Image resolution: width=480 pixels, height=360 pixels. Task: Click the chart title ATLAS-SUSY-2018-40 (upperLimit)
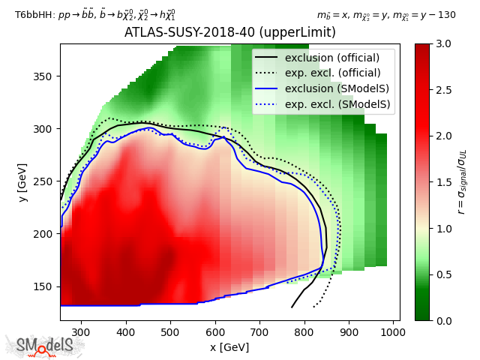click(229, 33)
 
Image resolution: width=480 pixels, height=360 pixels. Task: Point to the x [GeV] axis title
click(229, 347)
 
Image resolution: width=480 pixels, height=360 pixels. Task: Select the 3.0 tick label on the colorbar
click(443, 43)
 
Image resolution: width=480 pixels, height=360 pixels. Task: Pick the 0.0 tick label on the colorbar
click(443, 320)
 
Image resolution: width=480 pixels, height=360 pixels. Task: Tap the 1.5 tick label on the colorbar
click(443, 182)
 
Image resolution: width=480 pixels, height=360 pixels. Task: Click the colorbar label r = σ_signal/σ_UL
click(463, 182)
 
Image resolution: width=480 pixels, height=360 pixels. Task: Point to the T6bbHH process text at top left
click(95, 14)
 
